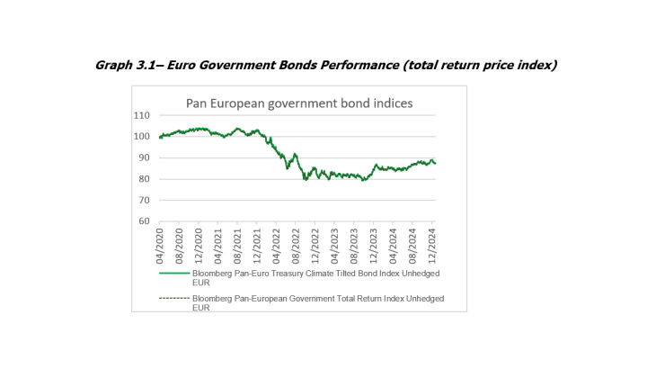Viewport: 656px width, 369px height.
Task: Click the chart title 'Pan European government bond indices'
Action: (298, 103)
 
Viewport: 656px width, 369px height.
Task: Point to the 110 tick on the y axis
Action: (141, 115)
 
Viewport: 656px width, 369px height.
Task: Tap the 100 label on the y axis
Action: (141, 137)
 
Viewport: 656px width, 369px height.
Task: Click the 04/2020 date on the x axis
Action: (160, 243)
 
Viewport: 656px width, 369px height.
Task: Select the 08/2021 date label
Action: (238, 243)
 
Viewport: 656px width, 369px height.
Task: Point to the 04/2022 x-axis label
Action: (277, 243)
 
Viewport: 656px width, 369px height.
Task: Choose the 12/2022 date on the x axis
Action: (315, 243)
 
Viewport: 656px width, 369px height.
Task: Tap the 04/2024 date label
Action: (393, 243)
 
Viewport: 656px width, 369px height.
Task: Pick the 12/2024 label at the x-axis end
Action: (432, 243)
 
